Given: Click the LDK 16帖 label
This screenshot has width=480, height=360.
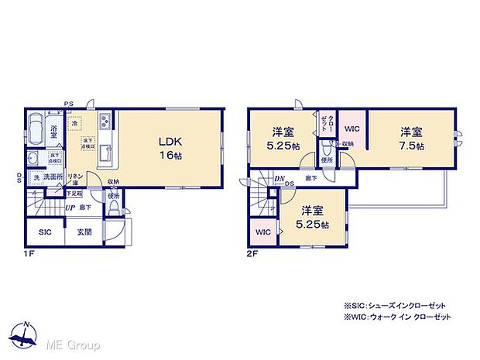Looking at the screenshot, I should click(x=170, y=148).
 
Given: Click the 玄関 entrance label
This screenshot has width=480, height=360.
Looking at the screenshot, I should click(x=84, y=231).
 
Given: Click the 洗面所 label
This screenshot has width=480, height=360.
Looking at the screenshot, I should click(x=53, y=178).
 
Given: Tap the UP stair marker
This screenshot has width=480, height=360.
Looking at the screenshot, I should click(x=70, y=207).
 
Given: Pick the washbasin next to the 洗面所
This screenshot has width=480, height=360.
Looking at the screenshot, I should click(x=33, y=159).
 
